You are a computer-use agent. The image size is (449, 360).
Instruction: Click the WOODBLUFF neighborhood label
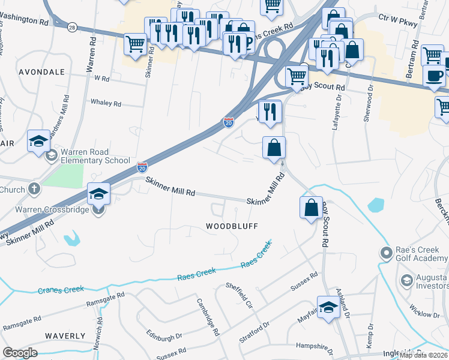pos(232,226)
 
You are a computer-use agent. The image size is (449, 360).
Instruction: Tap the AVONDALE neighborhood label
pos(41,72)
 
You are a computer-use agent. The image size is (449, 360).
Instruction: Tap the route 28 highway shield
pos(71,28)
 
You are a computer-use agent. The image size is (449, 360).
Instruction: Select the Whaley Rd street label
pos(106,103)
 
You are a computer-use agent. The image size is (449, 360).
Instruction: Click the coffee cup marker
pos(434,76)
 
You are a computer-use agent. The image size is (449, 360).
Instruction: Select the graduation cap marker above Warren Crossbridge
pos(99,194)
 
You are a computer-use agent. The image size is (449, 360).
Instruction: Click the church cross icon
pos(35,190)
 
